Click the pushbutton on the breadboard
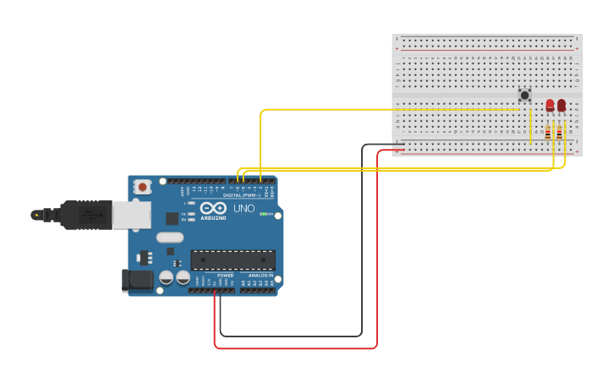(524, 96)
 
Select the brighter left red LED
(550, 105)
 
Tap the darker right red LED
(561, 105)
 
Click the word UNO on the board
(244, 208)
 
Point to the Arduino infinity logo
(213, 207)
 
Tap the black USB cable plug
(85, 215)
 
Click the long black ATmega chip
(233, 260)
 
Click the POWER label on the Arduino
(225, 276)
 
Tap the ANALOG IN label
(260, 276)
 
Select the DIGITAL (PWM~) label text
(242, 195)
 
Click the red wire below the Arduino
(296, 347)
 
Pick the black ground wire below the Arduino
(292, 336)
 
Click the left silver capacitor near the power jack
(167, 276)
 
